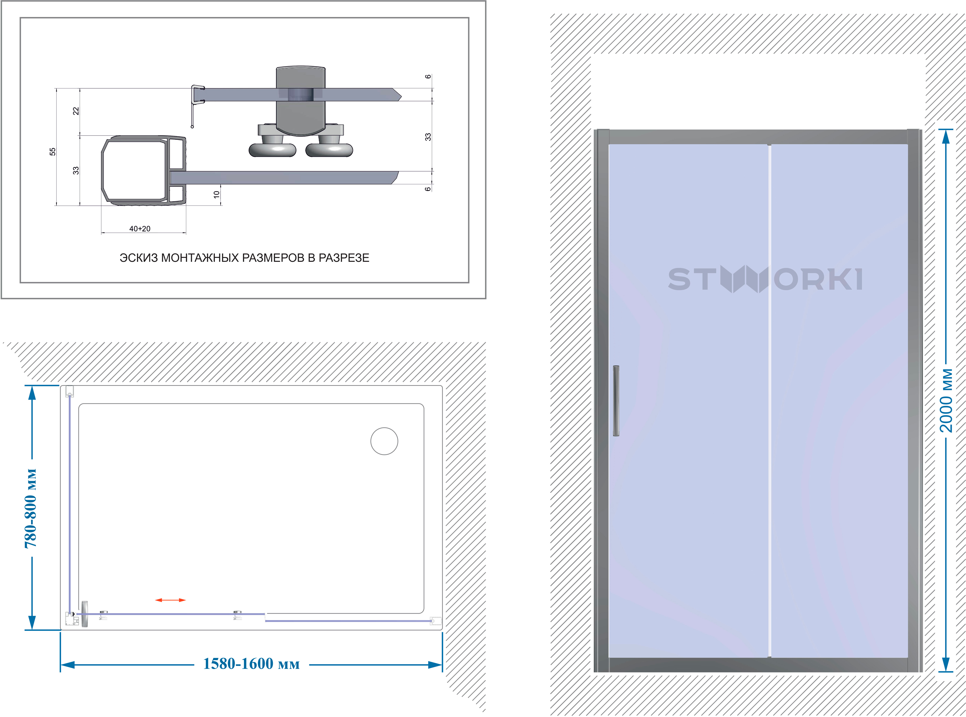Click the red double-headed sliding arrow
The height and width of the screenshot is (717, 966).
point(170,600)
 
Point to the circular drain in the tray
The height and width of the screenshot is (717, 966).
point(384,441)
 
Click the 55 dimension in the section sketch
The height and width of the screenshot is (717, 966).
point(52,151)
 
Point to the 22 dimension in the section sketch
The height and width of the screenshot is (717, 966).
point(76,111)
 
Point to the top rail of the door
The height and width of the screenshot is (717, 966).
point(757,137)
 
